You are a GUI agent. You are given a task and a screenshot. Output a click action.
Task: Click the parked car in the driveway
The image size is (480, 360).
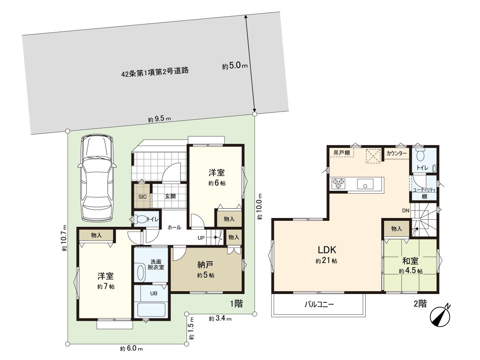pyautogui.click(x=97, y=178)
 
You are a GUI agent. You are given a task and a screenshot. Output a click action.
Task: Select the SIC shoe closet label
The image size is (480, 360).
pyautogui.click(x=142, y=197)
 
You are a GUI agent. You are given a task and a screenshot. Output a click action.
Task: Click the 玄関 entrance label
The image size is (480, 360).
pyautogui.click(x=170, y=197)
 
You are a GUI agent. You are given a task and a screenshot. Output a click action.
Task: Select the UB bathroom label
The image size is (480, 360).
pyautogui.click(x=153, y=293)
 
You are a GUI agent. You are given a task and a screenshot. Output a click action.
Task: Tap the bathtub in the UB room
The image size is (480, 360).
pyautogui.click(x=151, y=310)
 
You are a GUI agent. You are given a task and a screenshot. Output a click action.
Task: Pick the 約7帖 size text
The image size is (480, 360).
pyautogui.click(x=106, y=287)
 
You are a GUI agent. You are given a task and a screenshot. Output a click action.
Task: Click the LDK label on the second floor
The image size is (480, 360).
pyautogui.click(x=327, y=250)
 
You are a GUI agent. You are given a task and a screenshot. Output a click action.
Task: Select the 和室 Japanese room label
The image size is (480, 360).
pyautogui.click(x=410, y=261)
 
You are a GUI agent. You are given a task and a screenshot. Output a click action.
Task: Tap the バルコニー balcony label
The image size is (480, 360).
pyautogui.click(x=319, y=304)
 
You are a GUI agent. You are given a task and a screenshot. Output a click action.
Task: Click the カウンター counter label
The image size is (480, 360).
pyautogui.click(x=397, y=154)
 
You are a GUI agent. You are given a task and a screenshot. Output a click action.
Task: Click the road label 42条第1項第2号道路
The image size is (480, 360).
pyautogui.click(x=155, y=72)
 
